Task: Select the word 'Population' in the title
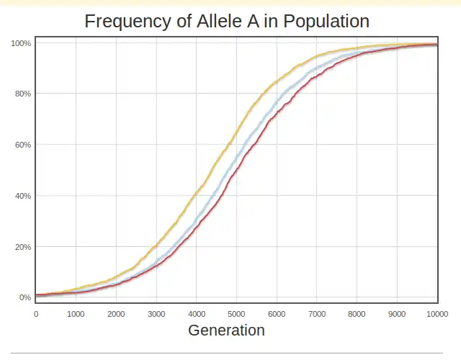click(x=326, y=21)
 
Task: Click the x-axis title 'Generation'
click(x=226, y=330)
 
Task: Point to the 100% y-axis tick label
click(x=21, y=43)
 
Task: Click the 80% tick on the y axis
click(x=22, y=94)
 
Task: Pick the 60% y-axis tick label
click(x=22, y=145)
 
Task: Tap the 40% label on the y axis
click(x=22, y=196)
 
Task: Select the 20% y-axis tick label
click(x=22, y=247)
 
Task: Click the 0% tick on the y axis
click(x=24, y=297)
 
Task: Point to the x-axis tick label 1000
click(x=76, y=314)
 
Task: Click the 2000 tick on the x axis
click(x=116, y=314)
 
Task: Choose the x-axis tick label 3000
click(x=156, y=314)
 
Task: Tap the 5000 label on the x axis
click(x=237, y=314)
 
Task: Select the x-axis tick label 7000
click(x=317, y=314)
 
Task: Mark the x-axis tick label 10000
click(x=437, y=314)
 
